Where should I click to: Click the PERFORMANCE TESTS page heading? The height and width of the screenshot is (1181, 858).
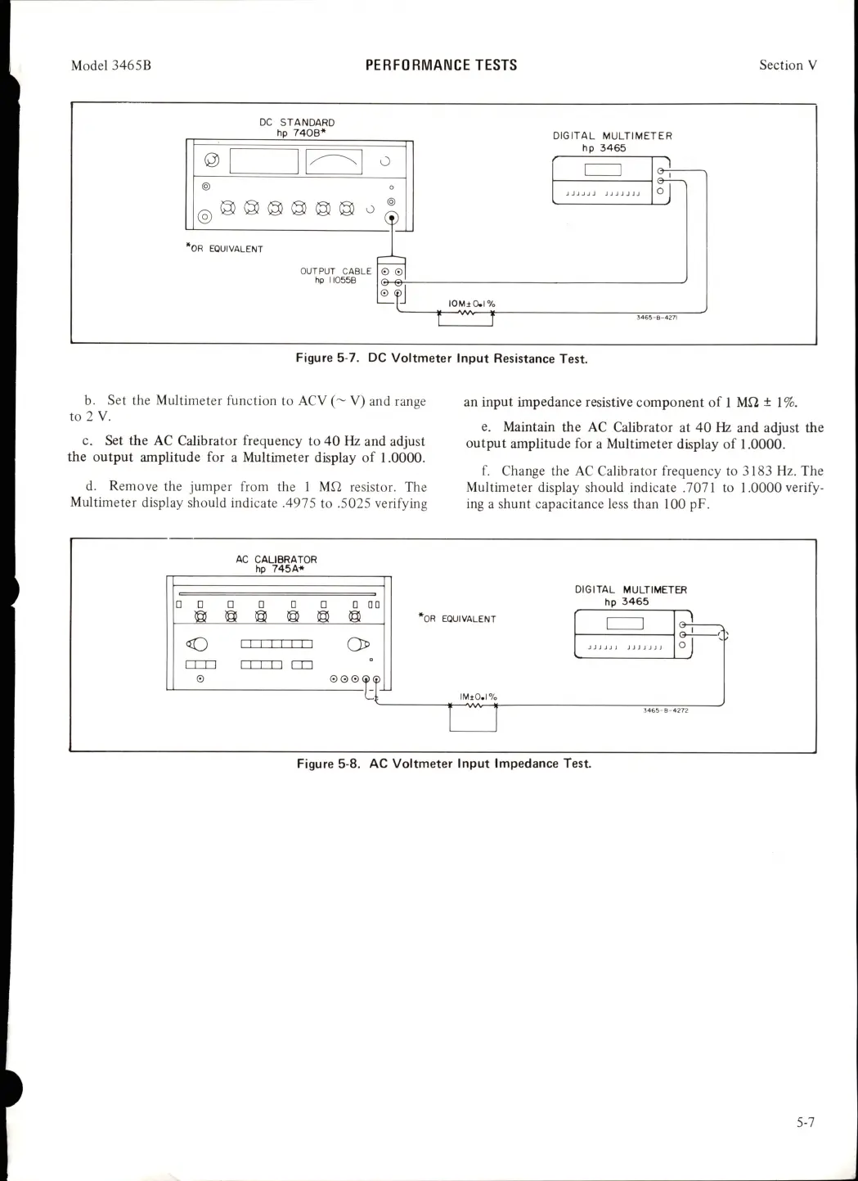(441, 65)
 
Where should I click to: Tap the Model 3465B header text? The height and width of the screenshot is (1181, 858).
(111, 65)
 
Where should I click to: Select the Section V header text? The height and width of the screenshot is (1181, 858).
(788, 65)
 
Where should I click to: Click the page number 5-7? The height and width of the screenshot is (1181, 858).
(806, 1122)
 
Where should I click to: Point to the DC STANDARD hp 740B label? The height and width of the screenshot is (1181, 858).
(297, 128)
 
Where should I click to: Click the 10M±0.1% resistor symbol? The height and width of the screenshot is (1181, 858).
(466, 312)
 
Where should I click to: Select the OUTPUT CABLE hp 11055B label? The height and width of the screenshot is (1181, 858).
(335, 275)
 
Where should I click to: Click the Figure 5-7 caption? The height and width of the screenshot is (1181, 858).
(442, 358)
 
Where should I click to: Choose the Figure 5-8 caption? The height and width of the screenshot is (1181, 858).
(443, 764)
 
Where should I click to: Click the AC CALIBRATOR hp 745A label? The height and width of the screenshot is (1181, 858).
(276, 564)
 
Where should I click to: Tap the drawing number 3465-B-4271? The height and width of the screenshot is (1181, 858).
(657, 317)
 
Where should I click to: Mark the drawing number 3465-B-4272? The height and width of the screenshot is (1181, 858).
(666, 710)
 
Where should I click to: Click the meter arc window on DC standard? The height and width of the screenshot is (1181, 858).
(334, 161)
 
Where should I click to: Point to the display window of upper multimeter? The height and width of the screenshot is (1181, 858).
(604, 170)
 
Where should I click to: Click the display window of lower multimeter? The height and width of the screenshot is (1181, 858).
(625, 624)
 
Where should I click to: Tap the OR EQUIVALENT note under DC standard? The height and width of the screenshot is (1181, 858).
(225, 249)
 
